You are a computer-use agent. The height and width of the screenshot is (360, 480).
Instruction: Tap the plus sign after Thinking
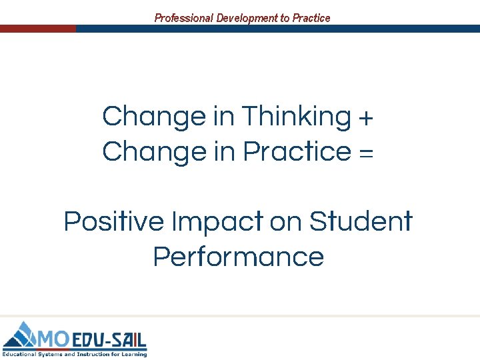[x=366, y=118]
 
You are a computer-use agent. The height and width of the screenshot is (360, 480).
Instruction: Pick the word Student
[x=361, y=221]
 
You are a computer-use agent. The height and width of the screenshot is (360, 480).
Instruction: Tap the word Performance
[x=239, y=257]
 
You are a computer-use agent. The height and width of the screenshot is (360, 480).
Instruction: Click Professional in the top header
[x=183, y=18]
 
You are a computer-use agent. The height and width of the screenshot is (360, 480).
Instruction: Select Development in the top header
[x=246, y=18]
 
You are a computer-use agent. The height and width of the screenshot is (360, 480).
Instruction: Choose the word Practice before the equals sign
[x=297, y=152]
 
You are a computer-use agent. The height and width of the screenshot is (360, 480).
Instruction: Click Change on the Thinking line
[x=155, y=117]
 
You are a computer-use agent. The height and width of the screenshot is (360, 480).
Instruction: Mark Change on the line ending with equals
[x=155, y=152]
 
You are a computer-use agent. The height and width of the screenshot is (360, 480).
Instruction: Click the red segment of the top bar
[x=38, y=29]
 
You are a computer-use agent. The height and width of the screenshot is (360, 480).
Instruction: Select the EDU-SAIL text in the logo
[x=108, y=339]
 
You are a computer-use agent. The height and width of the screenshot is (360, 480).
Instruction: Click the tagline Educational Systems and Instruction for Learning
[x=74, y=353]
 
